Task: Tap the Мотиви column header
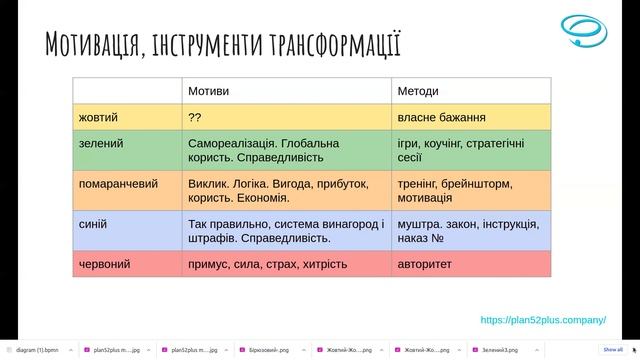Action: click(x=208, y=91)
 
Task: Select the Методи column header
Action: click(x=419, y=91)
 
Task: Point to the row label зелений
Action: click(x=100, y=144)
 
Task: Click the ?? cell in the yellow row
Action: click(x=194, y=117)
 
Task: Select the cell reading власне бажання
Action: click(x=442, y=117)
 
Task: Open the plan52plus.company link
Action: click(x=543, y=320)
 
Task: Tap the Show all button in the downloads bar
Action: click(x=612, y=350)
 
